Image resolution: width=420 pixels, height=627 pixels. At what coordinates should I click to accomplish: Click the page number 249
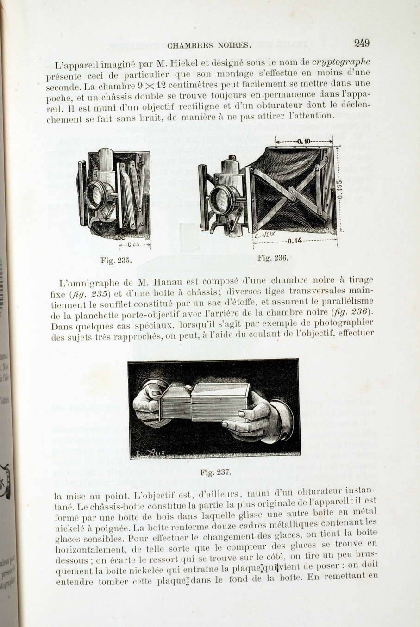(x=362, y=43)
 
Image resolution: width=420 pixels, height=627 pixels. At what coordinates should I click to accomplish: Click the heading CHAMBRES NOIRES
(x=209, y=45)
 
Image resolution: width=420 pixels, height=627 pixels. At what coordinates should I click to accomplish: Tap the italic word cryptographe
(x=341, y=62)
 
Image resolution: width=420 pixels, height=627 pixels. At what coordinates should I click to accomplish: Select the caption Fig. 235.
(x=116, y=260)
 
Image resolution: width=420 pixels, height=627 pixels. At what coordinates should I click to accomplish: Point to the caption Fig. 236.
(x=273, y=258)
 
